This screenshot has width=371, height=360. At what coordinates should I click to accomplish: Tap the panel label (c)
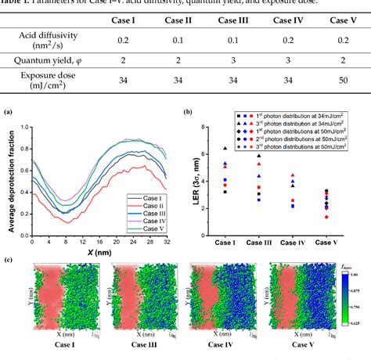pyautogui.click(x=9, y=259)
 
